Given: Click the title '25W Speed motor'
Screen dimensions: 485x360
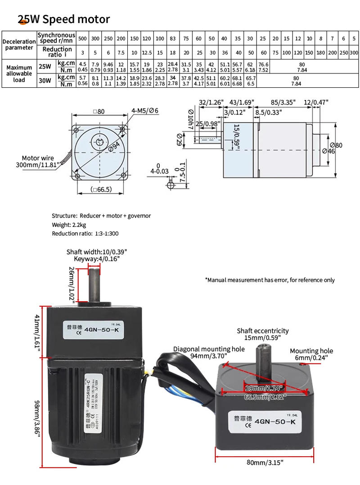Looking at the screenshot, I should click(63, 19).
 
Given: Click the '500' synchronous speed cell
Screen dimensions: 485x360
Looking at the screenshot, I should click(82, 39).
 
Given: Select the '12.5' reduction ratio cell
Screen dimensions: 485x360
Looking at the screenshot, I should click(147, 53).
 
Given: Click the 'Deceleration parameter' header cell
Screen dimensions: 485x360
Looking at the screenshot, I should click(19, 45).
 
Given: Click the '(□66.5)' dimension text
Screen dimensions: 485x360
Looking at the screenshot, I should click(101, 190).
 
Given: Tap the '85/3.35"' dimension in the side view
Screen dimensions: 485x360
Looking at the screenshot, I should click(283, 102).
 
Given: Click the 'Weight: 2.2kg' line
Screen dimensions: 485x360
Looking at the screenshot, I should click(69, 225).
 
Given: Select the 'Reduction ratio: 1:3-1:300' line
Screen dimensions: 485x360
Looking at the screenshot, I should click(85, 234).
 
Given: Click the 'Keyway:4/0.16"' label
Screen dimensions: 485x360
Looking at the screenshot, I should click(97, 259).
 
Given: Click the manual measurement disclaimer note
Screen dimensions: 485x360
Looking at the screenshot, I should click(270, 280).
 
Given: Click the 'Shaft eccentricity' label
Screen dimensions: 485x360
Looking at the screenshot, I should click(263, 331).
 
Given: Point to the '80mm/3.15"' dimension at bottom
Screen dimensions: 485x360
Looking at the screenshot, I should click(265, 462).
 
